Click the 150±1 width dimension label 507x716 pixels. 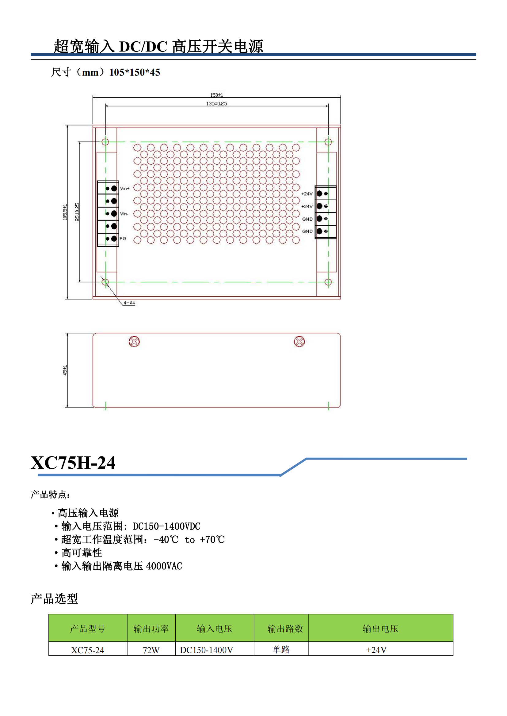pos(216,95)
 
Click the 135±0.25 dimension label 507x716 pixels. pos(216,103)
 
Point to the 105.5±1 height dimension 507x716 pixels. pos(65,212)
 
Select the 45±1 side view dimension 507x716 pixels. pos(65,370)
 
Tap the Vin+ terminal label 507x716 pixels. pos(124,188)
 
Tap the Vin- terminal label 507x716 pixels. pos(124,214)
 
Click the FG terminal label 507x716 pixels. pos(123,238)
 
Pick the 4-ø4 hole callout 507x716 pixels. pos(129,303)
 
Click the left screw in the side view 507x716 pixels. pos(134,342)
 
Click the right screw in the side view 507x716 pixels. pos(299,342)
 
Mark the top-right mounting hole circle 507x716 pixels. pos(328,142)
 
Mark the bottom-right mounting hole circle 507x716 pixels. pos(328,282)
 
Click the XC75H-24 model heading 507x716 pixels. pos(73,463)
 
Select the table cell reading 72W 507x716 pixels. pos(151,650)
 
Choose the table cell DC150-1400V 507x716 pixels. pos(206,650)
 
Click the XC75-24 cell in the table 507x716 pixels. pos(87,650)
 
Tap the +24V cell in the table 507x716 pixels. pos(376,650)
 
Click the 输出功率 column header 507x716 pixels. pos(151,629)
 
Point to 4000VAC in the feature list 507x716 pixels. pos(164,566)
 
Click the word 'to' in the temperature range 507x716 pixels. pos(190,540)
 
